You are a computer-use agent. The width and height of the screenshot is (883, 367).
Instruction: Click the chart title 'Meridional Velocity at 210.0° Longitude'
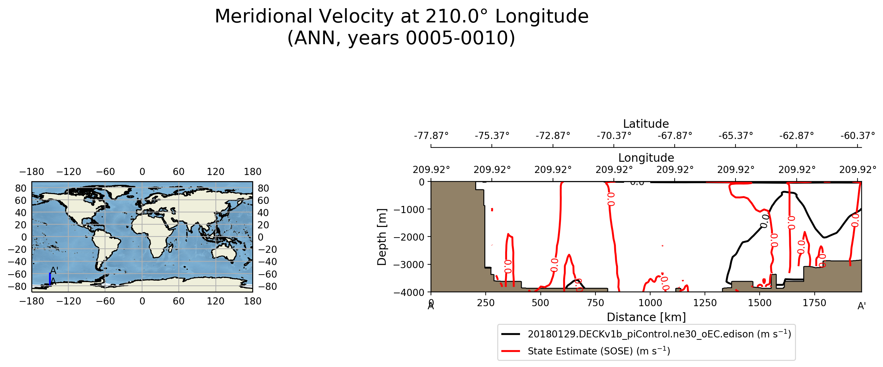[401, 16]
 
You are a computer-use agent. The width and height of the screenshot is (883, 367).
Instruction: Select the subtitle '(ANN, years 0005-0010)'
[401, 38]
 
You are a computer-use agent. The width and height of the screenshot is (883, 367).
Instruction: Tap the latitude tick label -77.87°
[431, 136]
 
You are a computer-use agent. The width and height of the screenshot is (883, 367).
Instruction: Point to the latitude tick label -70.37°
[613, 136]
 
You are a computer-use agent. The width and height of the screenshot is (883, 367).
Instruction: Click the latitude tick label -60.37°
[857, 136]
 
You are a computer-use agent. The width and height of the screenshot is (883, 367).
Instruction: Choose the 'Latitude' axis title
[646, 124]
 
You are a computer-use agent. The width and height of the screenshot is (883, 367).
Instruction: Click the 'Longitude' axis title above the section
[646, 158]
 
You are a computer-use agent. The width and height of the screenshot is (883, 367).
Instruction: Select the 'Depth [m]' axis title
[382, 237]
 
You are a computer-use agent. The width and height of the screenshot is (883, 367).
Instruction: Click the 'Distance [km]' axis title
[646, 317]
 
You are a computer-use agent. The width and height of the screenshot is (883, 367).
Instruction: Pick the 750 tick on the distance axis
[595, 303]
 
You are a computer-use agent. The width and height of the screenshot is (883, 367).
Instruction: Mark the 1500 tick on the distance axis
[760, 303]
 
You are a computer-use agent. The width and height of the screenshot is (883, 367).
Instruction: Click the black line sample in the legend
[511, 334]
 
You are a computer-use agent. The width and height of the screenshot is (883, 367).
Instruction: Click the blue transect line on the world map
[50, 278]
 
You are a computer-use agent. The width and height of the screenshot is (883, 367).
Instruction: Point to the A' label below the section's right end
[861, 307]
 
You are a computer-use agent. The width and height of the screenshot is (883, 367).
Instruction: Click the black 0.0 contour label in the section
[765, 221]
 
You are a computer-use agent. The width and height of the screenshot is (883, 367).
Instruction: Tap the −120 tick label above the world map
[69, 172]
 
